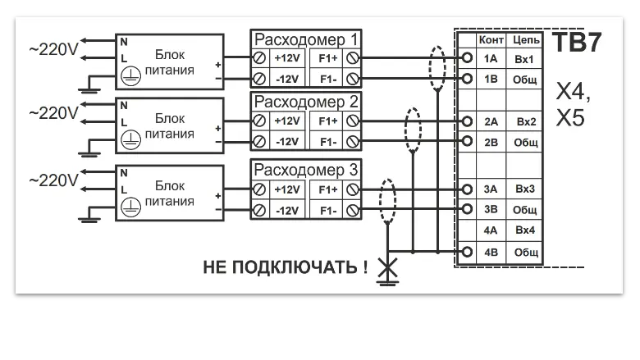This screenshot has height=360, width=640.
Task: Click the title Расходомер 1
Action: pyautogui.click(x=305, y=39)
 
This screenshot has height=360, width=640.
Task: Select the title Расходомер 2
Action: pyautogui.click(x=305, y=103)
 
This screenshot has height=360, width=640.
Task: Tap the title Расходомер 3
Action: pyautogui.click(x=305, y=171)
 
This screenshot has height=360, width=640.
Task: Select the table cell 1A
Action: pyautogui.click(x=491, y=59)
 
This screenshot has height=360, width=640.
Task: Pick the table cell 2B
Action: pyautogui.click(x=491, y=142)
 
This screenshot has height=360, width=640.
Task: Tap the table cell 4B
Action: pyautogui.click(x=491, y=252)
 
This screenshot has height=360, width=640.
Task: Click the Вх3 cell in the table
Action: pyautogui.click(x=525, y=189)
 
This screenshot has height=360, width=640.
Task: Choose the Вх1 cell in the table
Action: pyautogui.click(x=525, y=59)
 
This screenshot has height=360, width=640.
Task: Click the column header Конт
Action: pyautogui.click(x=491, y=39)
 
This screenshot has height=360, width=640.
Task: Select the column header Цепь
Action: pyautogui.click(x=525, y=39)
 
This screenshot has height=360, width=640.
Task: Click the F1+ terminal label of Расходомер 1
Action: pyautogui.click(x=327, y=59)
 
